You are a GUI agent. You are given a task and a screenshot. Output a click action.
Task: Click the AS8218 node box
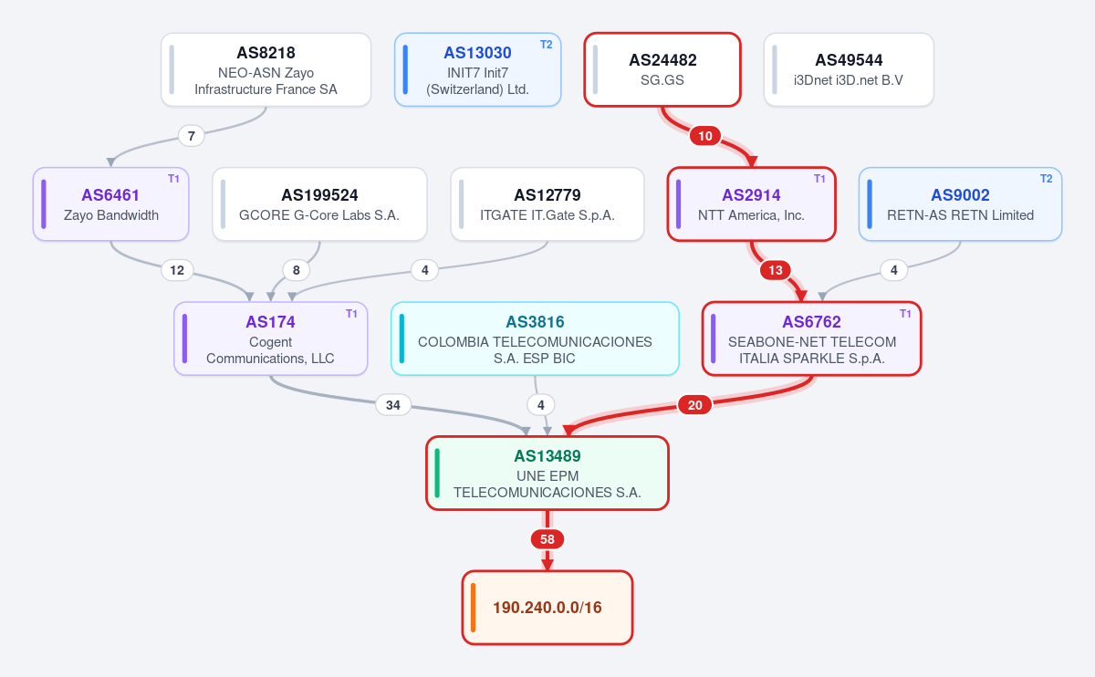[x=266, y=69]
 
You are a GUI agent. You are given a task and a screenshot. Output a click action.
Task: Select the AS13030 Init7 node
[x=477, y=69]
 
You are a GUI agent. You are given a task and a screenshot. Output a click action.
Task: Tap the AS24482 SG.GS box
[x=662, y=69]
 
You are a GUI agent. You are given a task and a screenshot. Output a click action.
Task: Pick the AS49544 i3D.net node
[x=849, y=69]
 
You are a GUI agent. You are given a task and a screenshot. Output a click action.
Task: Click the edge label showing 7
[x=191, y=136]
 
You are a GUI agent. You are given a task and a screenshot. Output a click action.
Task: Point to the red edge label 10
[x=704, y=136]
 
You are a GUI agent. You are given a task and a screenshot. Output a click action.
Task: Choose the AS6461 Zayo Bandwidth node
[x=111, y=203]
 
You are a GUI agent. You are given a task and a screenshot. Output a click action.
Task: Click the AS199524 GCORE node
[x=319, y=203]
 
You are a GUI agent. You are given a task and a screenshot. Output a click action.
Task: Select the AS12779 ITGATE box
[x=547, y=203]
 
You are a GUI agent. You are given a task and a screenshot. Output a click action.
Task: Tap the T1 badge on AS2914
[x=819, y=179]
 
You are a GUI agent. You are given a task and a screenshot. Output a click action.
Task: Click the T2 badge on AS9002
[x=1046, y=179]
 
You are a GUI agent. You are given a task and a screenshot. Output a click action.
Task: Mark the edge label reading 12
[x=177, y=270]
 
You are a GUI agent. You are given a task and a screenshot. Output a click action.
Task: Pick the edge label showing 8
[x=297, y=270]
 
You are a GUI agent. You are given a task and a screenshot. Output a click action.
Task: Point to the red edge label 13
[x=776, y=270]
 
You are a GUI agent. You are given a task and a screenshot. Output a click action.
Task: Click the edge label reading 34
[x=393, y=405]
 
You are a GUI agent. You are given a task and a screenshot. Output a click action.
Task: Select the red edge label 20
[x=694, y=405]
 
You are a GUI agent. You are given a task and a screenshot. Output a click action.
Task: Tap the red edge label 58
[x=547, y=539]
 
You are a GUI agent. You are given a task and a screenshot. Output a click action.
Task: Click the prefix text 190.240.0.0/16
[x=547, y=608]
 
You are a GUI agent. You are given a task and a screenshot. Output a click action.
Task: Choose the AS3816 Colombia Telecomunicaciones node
[x=535, y=338]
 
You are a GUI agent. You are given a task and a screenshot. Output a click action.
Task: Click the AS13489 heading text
[x=547, y=456]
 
